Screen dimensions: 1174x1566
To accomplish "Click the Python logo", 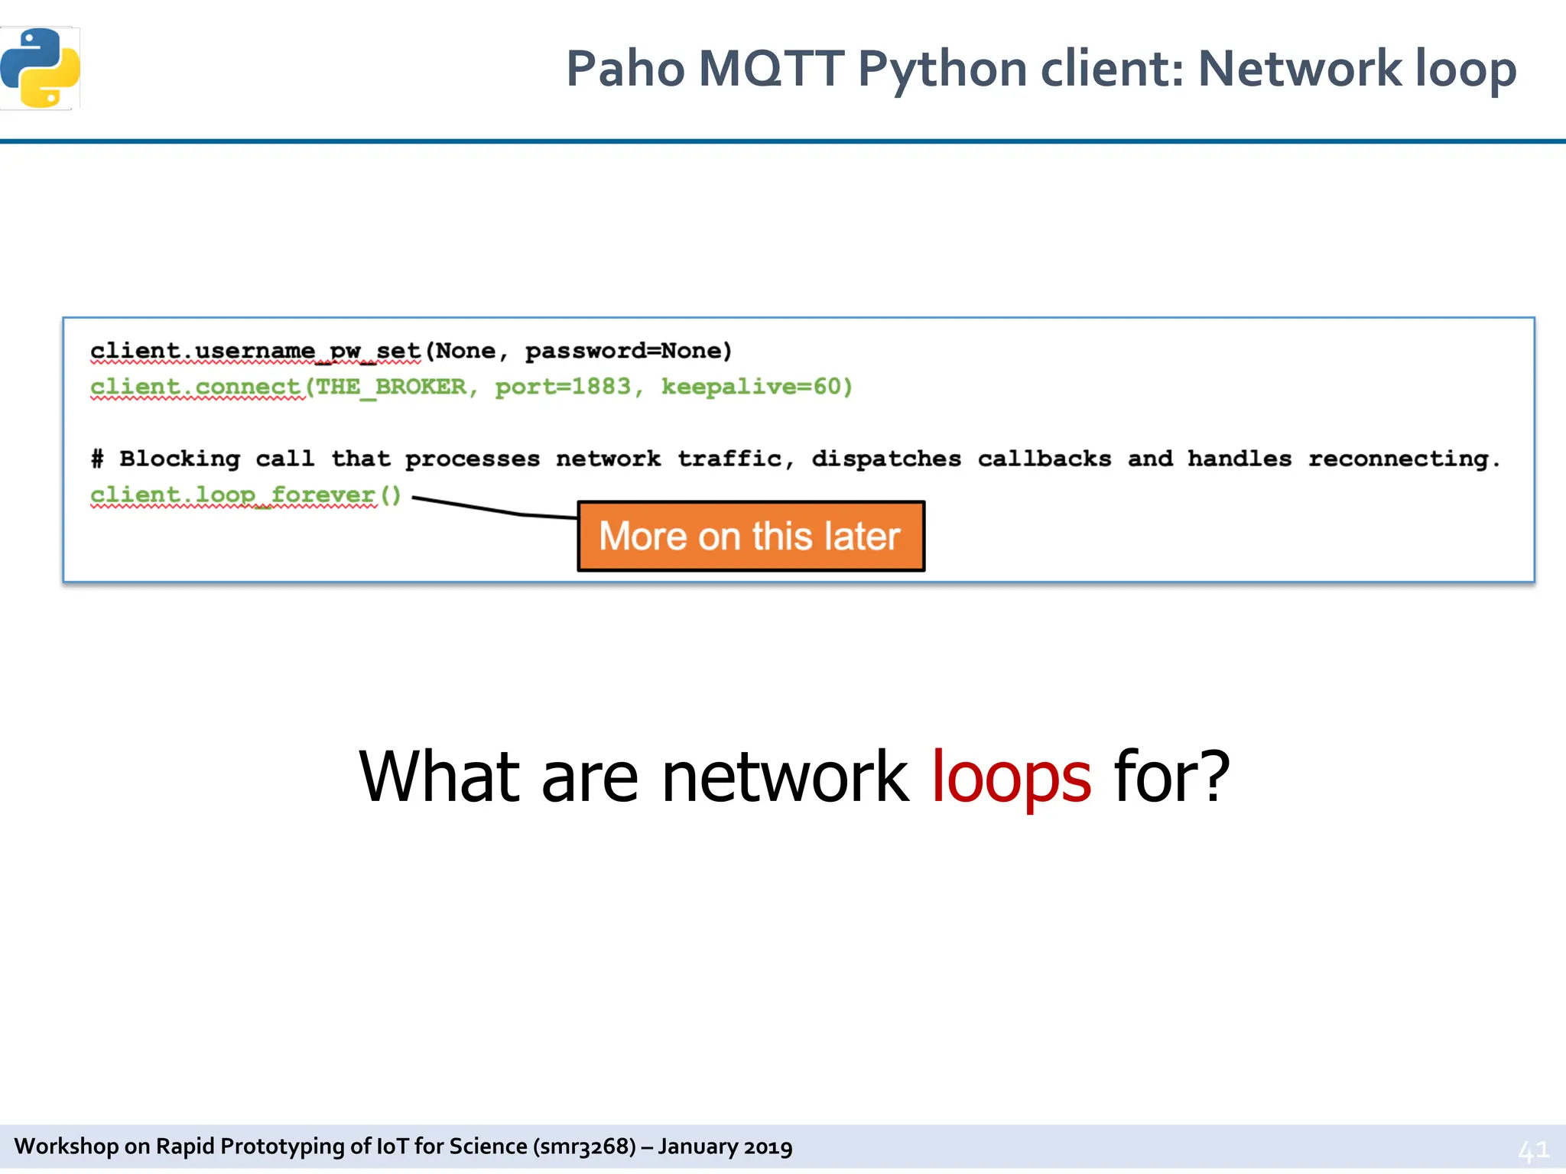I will coord(41,68).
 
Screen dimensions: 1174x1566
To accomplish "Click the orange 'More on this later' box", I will coord(750,536).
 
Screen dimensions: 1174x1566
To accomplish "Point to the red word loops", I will coord(1011,777).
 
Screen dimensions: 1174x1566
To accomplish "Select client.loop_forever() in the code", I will coord(245,495).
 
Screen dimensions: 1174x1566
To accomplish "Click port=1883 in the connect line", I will coord(564,387).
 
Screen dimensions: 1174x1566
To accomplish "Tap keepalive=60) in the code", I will coord(756,387).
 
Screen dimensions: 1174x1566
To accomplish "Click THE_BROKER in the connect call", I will coord(391,387).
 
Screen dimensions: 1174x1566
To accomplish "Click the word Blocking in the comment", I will coord(180,459).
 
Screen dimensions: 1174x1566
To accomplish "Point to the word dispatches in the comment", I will coord(886,459).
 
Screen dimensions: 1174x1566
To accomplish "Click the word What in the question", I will coord(439,777).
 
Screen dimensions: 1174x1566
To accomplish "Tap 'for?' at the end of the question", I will coord(1171,777).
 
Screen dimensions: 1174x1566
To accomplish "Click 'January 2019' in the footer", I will coord(725,1146).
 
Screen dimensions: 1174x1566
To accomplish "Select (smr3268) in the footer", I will coord(585,1146).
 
